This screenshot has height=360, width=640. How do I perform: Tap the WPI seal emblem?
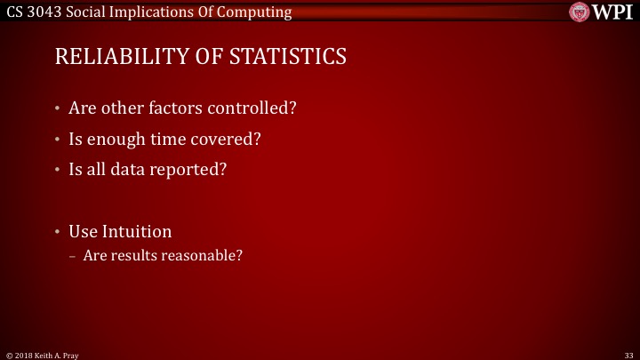click(580, 12)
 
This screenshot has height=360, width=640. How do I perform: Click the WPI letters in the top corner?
click(612, 12)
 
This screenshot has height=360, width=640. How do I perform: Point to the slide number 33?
click(628, 354)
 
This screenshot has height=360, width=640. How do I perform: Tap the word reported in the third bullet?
click(196, 169)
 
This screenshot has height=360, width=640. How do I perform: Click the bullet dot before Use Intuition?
click(57, 232)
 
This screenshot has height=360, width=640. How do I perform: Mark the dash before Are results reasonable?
click(73, 256)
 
